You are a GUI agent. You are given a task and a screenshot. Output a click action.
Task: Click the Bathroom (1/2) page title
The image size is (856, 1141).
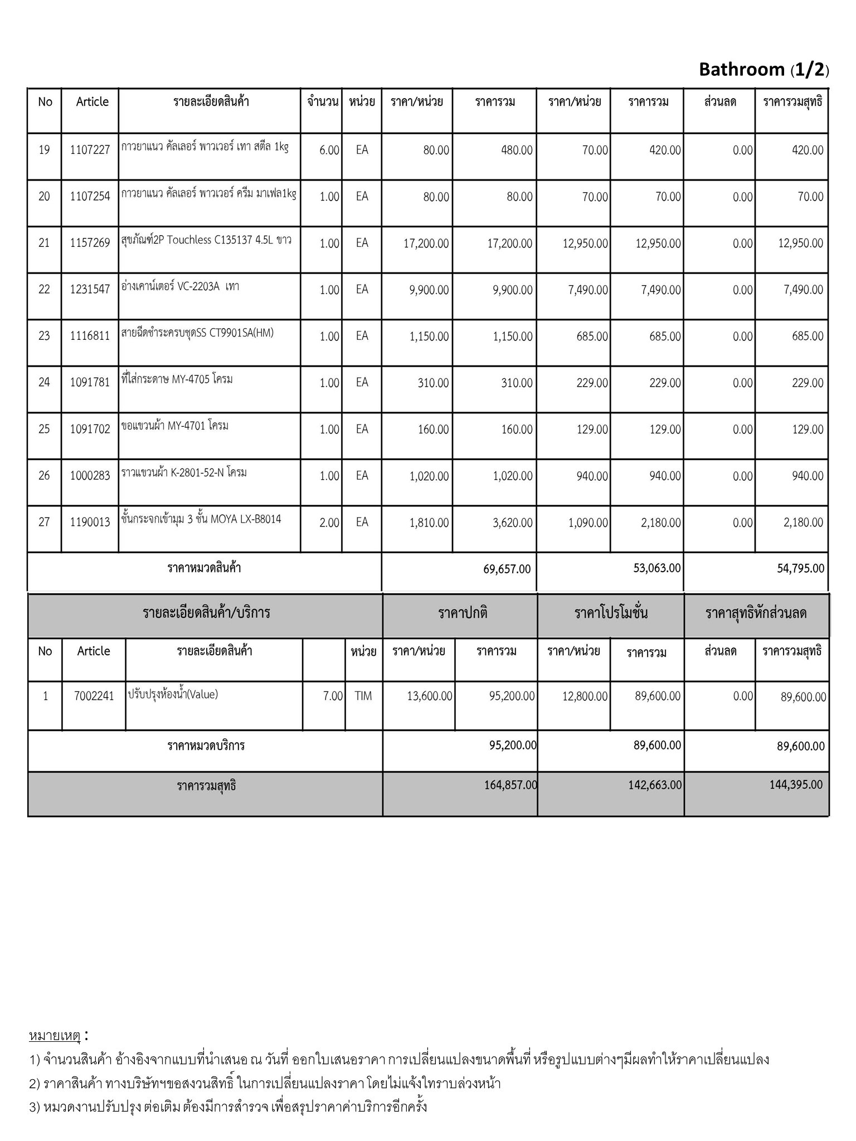(763, 70)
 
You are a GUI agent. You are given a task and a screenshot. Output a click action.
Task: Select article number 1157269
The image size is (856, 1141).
(90, 243)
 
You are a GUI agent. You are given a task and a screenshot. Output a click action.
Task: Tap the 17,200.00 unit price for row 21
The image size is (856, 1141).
(426, 243)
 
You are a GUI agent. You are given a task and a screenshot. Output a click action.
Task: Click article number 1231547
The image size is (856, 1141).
(90, 289)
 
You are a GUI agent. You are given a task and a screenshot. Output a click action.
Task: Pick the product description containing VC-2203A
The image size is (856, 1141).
(180, 287)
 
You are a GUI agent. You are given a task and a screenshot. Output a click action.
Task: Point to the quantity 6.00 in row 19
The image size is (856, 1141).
(329, 150)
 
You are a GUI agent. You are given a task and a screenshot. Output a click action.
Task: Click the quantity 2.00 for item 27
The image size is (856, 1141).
(329, 523)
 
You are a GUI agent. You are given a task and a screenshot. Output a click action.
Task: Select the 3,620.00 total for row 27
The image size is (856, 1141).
(512, 523)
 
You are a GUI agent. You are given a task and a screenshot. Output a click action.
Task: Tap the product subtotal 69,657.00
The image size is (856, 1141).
(507, 569)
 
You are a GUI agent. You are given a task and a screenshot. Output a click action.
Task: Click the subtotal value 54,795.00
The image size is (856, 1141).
(800, 568)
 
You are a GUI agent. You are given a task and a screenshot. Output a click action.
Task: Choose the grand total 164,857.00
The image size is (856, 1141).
(510, 785)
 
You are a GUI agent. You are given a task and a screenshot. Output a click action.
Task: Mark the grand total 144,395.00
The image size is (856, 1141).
(796, 784)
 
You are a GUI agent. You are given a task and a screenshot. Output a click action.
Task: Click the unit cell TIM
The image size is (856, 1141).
(363, 696)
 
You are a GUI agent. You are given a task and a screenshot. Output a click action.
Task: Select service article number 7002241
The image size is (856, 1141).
(94, 696)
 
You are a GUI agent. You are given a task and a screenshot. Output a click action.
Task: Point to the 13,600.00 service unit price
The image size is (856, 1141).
(429, 696)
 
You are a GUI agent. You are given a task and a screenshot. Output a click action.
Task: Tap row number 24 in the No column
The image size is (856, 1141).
(44, 382)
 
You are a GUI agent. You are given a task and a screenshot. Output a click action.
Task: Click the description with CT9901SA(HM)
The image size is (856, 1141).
(197, 333)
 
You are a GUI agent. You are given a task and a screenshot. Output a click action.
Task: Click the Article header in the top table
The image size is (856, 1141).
(92, 101)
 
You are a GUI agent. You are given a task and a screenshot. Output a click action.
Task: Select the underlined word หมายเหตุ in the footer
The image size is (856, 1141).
(55, 1036)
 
